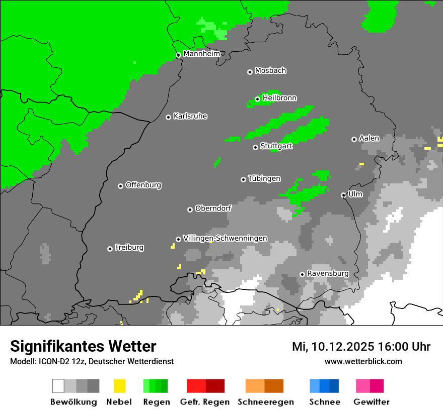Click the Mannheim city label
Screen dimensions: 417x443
(x=202, y=54)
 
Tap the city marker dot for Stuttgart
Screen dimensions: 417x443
(x=256, y=147)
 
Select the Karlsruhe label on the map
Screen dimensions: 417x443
(x=190, y=116)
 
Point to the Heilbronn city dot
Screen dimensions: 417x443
(x=258, y=99)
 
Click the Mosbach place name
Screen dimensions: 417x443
(x=270, y=71)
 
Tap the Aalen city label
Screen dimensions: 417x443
(x=369, y=138)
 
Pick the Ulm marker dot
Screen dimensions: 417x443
(x=344, y=195)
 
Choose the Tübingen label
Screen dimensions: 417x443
(x=264, y=179)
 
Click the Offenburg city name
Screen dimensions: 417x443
(x=143, y=185)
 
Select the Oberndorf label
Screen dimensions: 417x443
(x=213, y=208)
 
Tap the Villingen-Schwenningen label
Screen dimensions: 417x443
(x=225, y=238)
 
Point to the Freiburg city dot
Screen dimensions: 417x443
(x=110, y=249)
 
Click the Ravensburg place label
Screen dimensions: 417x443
(x=328, y=273)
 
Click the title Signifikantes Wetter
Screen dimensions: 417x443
(x=83, y=347)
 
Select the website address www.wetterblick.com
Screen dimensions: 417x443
(x=363, y=361)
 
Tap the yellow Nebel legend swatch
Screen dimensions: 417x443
(x=119, y=386)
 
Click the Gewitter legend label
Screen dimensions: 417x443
(x=371, y=402)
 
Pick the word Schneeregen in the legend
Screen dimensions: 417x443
(x=265, y=402)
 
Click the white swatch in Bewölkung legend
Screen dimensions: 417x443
(x=58, y=386)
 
